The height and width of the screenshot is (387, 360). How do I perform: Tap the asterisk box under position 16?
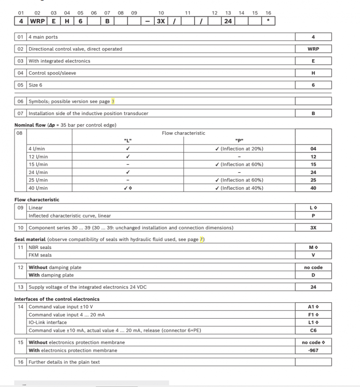[268, 21]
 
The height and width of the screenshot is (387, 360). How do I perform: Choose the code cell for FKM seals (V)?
[313, 255]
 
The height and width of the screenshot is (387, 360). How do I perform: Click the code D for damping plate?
[313, 275]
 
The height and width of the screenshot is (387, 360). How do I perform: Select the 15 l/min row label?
[38, 164]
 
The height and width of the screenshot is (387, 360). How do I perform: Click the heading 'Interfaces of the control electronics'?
[57, 299]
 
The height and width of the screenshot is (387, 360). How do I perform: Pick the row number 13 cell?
[21, 287]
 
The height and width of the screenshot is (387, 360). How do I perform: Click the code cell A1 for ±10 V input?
[313, 307]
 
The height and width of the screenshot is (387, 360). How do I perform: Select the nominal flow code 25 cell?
[313, 180]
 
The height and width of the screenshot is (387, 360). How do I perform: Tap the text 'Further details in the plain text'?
[64, 362]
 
